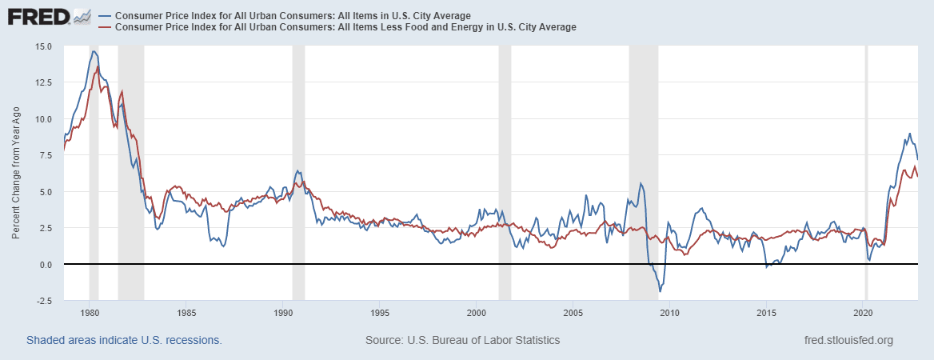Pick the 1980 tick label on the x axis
pos(90,313)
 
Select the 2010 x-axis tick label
pos(670,313)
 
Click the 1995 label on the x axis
pos(380,313)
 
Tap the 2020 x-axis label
pos(864,313)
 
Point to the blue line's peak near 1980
pos(94,52)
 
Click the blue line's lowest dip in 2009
pos(660,291)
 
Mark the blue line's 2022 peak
pos(909,134)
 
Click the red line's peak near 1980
pos(98,67)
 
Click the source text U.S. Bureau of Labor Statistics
pos(462,340)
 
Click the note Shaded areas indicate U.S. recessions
pos(124,340)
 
